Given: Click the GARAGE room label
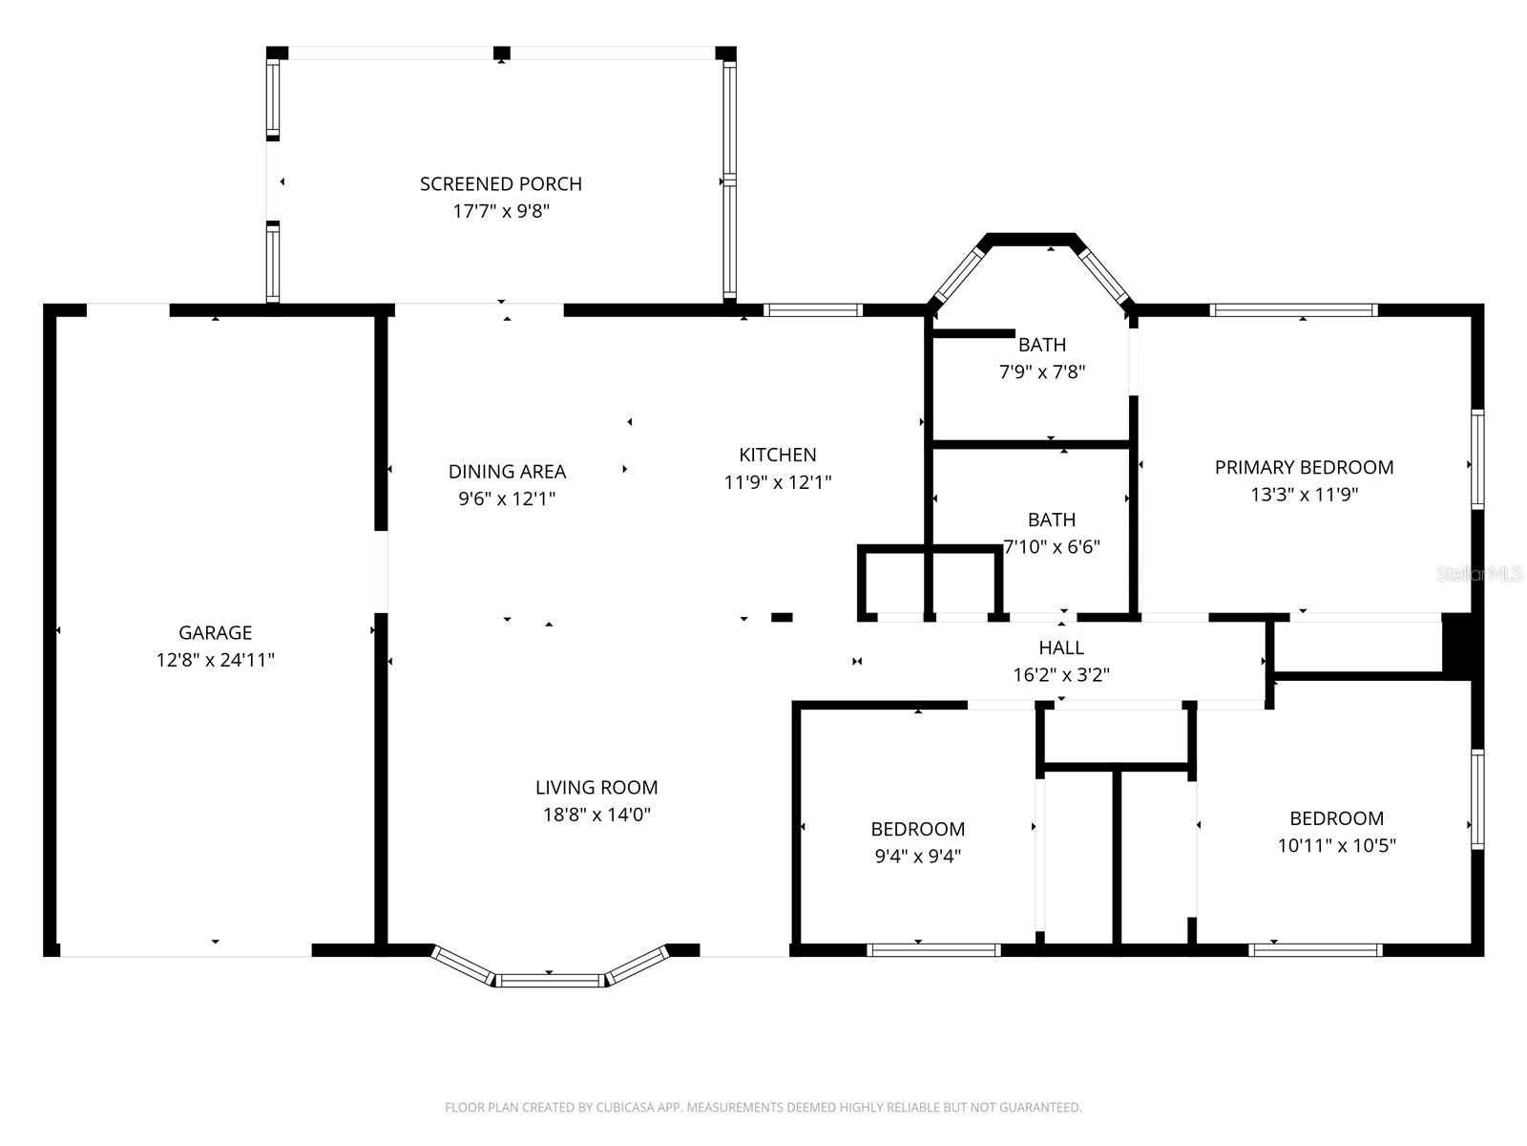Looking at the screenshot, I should click(x=215, y=632).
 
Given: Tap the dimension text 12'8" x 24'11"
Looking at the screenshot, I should click(x=215, y=660).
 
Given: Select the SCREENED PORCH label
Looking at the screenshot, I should click(x=500, y=183).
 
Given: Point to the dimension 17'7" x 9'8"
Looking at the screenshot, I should click(x=500, y=211).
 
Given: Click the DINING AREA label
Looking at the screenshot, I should click(x=507, y=471).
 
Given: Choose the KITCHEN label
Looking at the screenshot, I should click(x=777, y=455).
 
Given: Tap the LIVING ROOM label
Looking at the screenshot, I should click(x=596, y=787).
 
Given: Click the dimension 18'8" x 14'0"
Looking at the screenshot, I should click(x=596, y=815).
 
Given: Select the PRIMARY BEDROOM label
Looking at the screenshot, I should click(x=1304, y=467).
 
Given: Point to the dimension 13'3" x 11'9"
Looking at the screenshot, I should click(x=1304, y=495).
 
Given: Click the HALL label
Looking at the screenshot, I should click(x=1060, y=647).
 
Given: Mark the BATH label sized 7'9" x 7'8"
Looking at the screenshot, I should click(x=1041, y=345).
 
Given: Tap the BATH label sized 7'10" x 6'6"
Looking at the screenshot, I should click(x=1051, y=520).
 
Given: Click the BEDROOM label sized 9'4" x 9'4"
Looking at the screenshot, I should click(x=917, y=829).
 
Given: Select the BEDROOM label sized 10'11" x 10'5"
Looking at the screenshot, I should click(x=1336, y=818).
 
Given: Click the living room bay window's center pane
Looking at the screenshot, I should click(x=550, y=980).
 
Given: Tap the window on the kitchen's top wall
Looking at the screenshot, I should click(x=812, y=309).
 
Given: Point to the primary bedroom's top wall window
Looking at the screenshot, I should click(x=1293, y=309).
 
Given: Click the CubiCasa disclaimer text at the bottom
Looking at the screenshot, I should click(x=763, y=1108).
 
